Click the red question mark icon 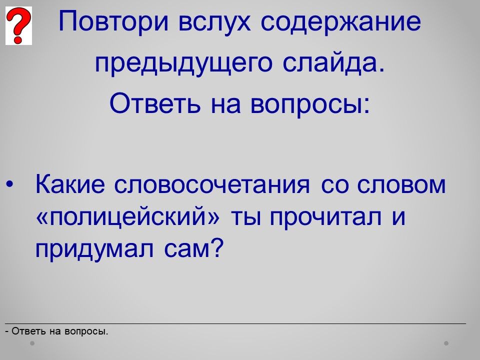18,25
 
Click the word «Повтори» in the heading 113,21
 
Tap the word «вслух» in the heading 214,22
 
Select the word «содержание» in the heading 340,22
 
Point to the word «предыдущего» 183,63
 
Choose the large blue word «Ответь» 155,103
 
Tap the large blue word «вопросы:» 310,104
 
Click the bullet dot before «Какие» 9,184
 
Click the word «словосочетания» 212,185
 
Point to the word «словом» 401,185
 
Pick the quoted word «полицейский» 128,216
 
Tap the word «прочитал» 325,218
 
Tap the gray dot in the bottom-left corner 32,343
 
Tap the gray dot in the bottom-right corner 446,343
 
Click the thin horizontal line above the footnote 235,323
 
